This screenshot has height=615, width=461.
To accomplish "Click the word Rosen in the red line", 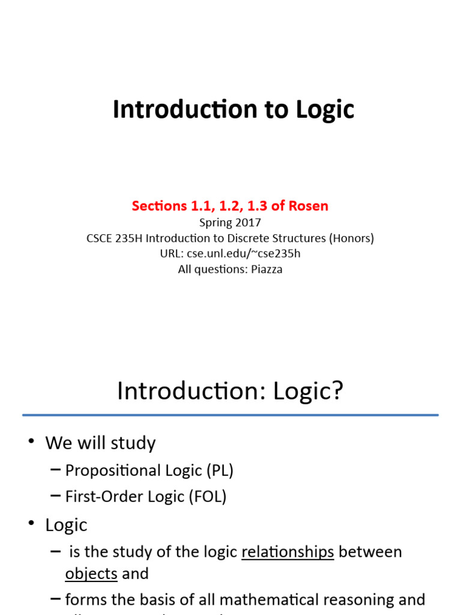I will pyautogui.click(x=307, y=206).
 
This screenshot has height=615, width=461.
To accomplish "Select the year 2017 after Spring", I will pyautogui.click(x=248, y=222).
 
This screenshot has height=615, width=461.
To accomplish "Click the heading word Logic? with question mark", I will pyautogui.click(x=308, y=390).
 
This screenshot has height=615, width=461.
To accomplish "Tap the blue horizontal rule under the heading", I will pyautogui.click(x=230, y=414).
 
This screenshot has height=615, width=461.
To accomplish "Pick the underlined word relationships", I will pyautogui.click(x=288, y=552).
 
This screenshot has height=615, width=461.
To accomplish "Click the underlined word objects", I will pyautogui.click(x=91, y=574).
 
